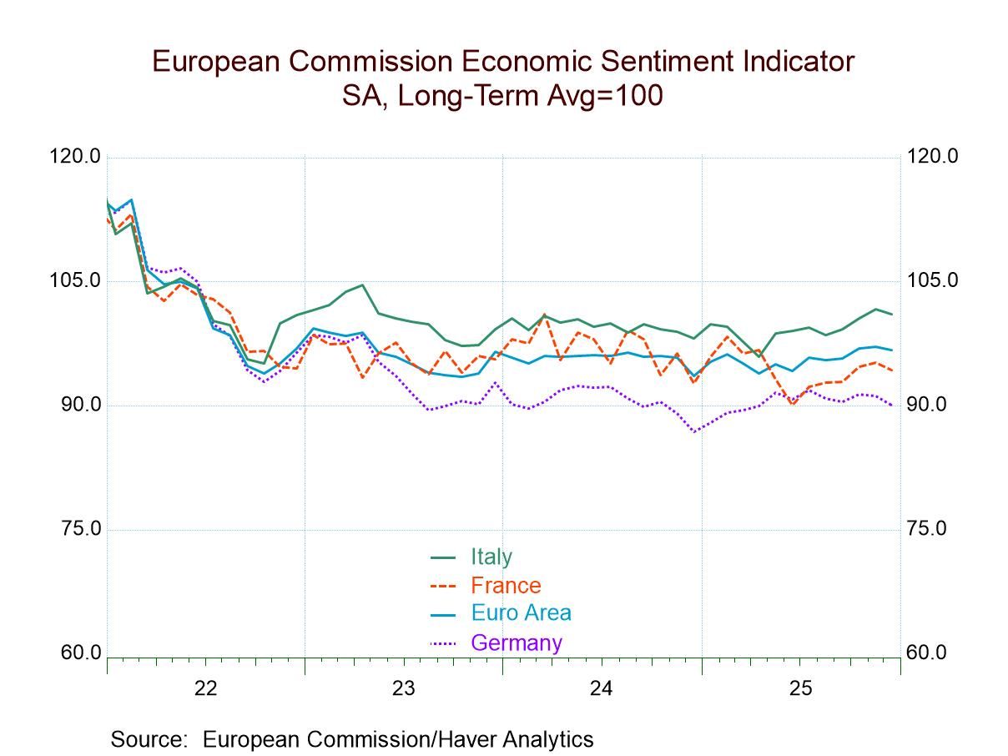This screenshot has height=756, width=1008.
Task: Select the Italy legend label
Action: (x=491, y=557)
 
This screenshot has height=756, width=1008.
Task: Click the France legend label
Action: (x=506, y=585)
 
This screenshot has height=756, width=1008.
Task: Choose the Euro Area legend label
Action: (x=521, y=613)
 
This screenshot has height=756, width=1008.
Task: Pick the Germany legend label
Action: (x=517, y=643)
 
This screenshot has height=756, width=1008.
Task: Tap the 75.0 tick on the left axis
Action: (x=82, y=529)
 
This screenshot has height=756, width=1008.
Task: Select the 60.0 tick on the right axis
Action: (x=926, y=653)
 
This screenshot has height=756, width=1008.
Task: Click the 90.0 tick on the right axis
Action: (x=926, y=405)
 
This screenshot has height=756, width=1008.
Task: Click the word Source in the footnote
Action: (x=147, y=739)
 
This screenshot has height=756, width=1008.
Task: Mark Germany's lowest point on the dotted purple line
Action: (x=694, y=432)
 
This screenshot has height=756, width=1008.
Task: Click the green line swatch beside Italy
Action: (x=442, y=557)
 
